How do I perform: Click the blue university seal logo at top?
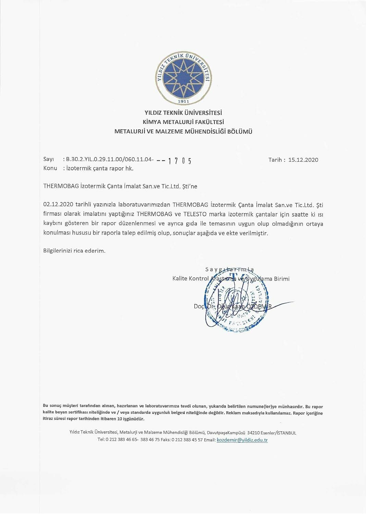(183, 78)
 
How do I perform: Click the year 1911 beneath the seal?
(183, 101)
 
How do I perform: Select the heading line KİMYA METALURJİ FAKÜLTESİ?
(183, 122)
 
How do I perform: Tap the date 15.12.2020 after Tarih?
(303, 160)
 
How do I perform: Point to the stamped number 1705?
(180, 160)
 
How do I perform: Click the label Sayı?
(49, 159)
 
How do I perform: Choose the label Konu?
(50, 168)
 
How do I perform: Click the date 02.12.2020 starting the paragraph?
(58, 205)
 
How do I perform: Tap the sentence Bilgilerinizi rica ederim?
(74, 250)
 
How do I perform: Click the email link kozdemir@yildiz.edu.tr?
(242, 440)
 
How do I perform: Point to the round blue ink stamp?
(236, 305)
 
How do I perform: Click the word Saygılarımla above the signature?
(230, 269)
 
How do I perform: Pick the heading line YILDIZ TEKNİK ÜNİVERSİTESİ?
(183, 112)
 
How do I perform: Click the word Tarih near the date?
(275, 160)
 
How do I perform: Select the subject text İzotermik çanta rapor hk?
(100, 168)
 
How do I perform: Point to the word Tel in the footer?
(101, 440)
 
